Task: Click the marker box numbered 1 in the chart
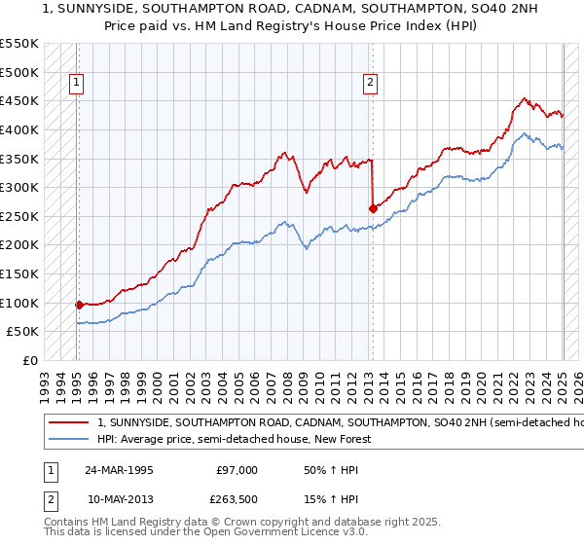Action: pyautogui.click(x=76, y=84)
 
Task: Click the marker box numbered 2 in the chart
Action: pyautogui.click(x=371, y=84)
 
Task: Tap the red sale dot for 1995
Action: pyautogui.click(x=79, y=304)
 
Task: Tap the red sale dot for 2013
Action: pyautogui.click(x=373, y=207)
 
